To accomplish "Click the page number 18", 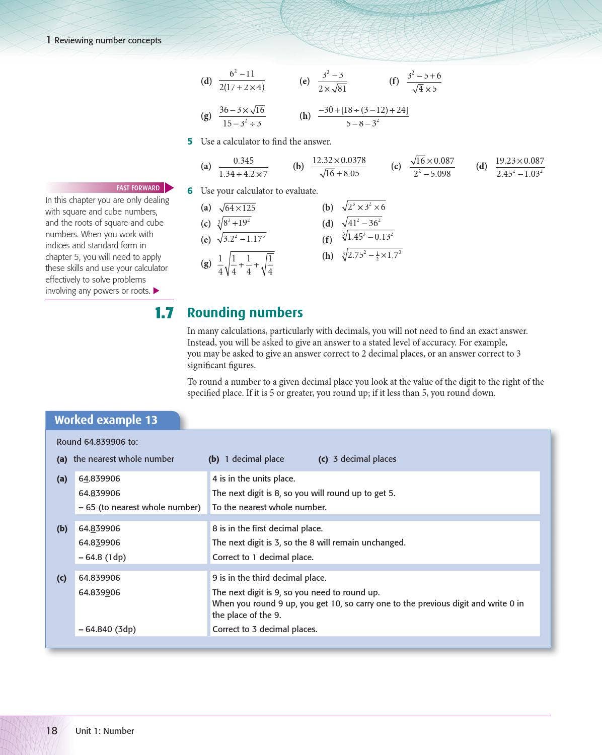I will click(52, 730).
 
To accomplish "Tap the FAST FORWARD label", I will click(138, 188).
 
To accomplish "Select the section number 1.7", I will click(164, 313).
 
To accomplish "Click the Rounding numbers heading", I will click(245, 313).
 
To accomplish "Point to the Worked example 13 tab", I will click(106, 420).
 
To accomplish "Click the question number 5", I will click(190, 142).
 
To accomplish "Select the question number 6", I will click(190, 191).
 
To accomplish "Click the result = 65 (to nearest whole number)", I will click(139, 507).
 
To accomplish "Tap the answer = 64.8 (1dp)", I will click(102, 557).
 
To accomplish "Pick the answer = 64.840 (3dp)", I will click(107, 629).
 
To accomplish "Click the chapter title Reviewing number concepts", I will click(108, 40).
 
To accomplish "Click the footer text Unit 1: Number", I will click(105, 731).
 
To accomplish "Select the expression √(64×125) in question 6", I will click(237, 208).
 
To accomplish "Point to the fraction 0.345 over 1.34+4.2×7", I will click(243, 167).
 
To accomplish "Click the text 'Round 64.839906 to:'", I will click(97, 442).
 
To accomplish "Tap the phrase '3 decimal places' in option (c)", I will click(364, 459).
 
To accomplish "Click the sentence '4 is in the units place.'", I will click(254, 478).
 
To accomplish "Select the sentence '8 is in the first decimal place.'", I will click(267, 528).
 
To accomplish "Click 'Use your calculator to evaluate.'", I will click(259, 191).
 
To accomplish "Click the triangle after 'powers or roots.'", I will click(156, 291).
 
